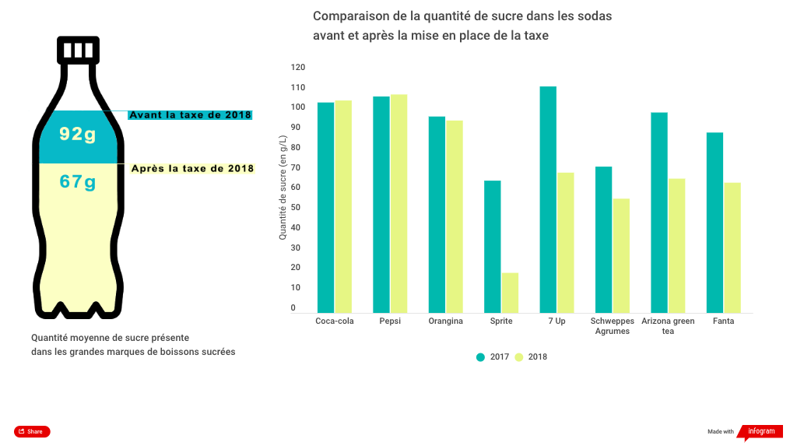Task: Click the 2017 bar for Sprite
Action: (492, 247)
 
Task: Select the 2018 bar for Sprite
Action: (510, 293)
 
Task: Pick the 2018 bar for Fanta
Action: (732, 248)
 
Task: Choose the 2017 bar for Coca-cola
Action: (325, 208)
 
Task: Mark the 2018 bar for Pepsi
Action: (398, 203)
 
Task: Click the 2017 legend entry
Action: (493, 357)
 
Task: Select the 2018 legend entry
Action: (531, 357)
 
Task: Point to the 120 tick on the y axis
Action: (298, 68)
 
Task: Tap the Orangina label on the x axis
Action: (445, 321)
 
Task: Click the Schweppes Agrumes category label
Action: (613, 326)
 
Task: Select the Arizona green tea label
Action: (668, 326)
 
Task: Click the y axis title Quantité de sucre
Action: (283, 186)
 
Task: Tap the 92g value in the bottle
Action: (77, 135)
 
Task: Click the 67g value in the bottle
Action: (77, 182)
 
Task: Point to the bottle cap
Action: (78, 50)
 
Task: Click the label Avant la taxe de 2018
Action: (190, 115)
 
